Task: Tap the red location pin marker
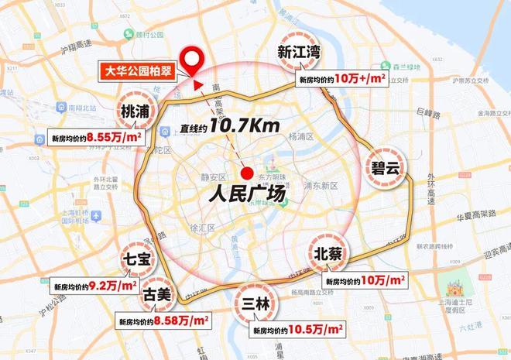[x=190, y=58]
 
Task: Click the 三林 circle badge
[x=256, y=303]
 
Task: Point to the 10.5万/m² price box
[x=298, y=330]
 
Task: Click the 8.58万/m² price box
[x=161, y=320]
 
